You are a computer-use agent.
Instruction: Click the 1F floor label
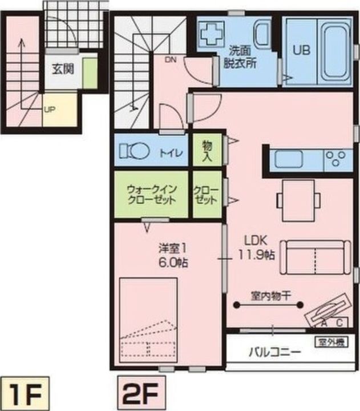coord(23,393)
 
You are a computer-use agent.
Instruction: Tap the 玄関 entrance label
coord(63,70)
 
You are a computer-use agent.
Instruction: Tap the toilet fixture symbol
coord(134,152)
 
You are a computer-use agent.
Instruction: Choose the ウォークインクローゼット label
coord(151,194)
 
